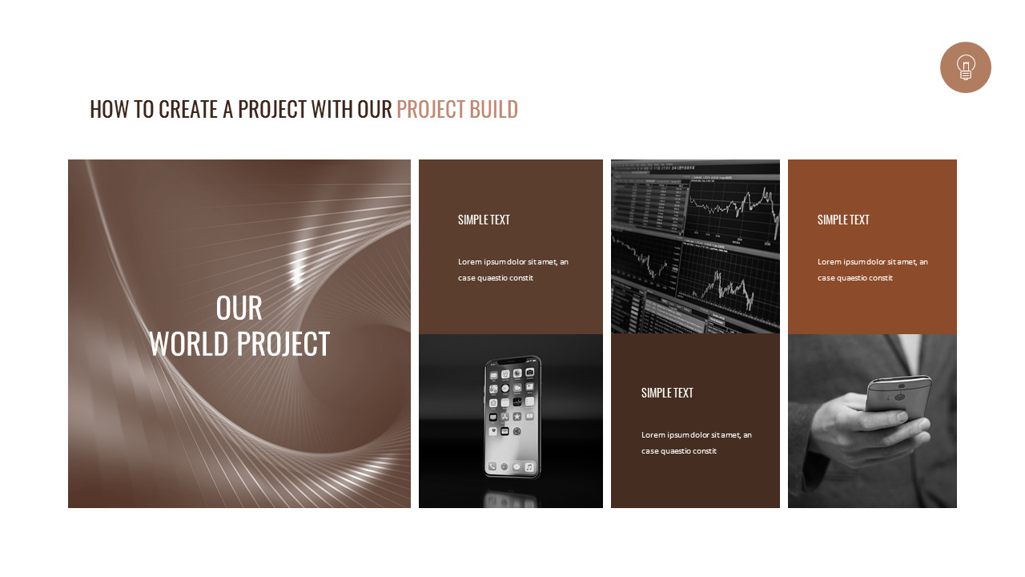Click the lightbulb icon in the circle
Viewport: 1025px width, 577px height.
click(965, 67)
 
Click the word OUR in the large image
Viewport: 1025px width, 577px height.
click(239, 309)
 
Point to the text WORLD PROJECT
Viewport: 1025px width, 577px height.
click(239, 344)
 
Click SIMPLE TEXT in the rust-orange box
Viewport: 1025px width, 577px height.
click(843, 220)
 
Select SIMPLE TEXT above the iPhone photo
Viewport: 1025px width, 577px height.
click(484, 220)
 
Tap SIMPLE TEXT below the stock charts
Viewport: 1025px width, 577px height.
click(667, 393)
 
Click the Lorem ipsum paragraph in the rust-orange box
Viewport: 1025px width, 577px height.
click(872, 269)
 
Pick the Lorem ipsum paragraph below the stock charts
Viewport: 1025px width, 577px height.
click(696, 442)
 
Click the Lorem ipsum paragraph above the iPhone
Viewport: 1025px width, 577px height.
click(512, 269)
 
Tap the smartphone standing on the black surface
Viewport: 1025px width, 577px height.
click(512, 417)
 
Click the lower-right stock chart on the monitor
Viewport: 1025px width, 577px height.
click(727, 284)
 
